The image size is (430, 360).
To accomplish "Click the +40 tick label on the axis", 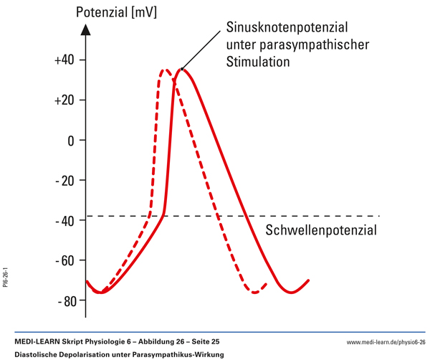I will click(x=64, y=60).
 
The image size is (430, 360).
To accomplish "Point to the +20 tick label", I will click(x=64, y=100).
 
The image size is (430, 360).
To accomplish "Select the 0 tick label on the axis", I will click(x=71, y=141).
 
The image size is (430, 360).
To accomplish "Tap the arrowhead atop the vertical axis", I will click(x=86, y=29).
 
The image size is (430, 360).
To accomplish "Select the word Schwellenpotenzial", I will click(x=321, y=231).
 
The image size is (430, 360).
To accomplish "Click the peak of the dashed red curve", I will click(x=166, y=70).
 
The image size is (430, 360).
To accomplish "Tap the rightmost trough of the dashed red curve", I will click(x=255, y=293).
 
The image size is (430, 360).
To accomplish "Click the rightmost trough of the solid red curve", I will click(x=290, y=293).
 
